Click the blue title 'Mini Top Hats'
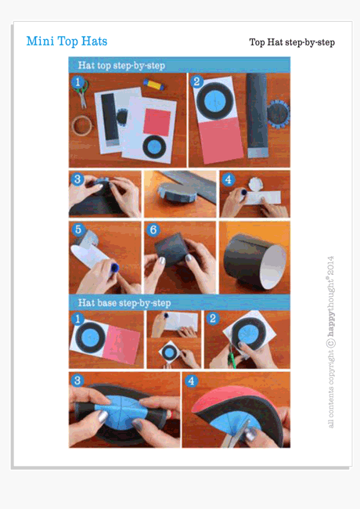click(67, 42)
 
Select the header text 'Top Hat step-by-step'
click(291, 42)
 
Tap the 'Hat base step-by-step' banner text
click(124, 302)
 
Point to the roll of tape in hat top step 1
click(81, 125)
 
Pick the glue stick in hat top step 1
click(154, 84)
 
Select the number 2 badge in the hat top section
click(197, 82)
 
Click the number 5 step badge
click(77, 230)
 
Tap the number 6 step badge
click(153, 230)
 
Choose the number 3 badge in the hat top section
click(77, 179)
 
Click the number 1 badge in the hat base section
click(77, 319)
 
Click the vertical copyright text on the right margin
click(330, 341)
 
